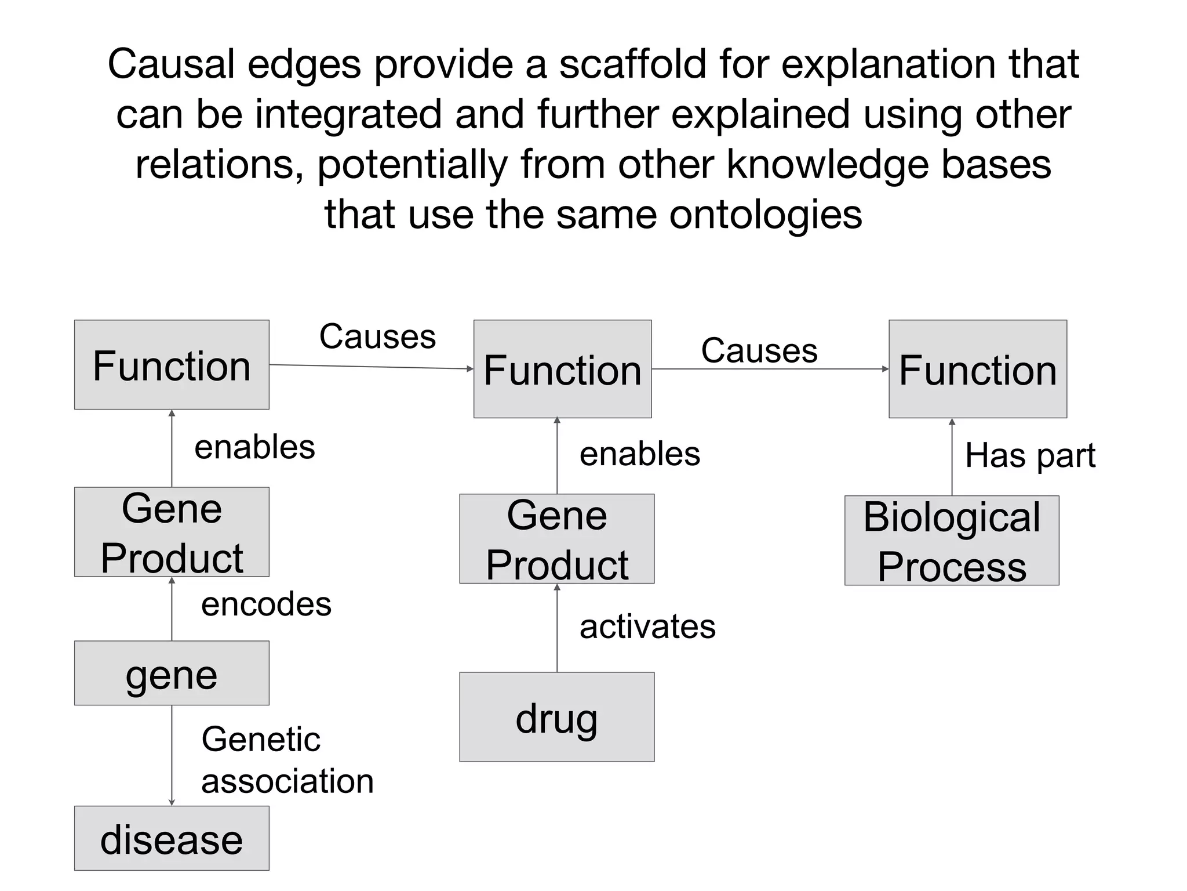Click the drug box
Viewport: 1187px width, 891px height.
click(x=556, y=717)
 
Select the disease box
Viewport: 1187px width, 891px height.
click(x=172, y=838)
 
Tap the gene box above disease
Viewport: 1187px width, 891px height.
click(x=172, y=673)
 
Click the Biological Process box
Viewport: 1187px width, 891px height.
click(x=952, y=541)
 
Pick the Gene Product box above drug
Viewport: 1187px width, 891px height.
click(x=556, y=539)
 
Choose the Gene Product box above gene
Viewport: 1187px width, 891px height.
click(x=172, y=532)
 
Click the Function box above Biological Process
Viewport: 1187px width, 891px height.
click(x=978, y=369)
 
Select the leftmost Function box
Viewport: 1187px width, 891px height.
click(x=172, y=365)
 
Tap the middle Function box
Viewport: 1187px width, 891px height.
click(x=562, y=369)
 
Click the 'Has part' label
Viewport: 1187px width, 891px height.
click(x=1030, y=455)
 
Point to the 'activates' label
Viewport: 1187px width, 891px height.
click(x=647, y=627)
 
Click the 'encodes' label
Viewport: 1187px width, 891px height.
click(x=266, y=604)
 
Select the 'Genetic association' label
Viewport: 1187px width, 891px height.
click(x=287, y=760)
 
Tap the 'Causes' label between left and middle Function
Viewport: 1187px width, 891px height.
click(x=377, y=336)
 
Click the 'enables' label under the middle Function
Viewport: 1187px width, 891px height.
click(x=640, y=454)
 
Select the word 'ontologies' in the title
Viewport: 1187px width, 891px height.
click(x=766, y=215)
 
